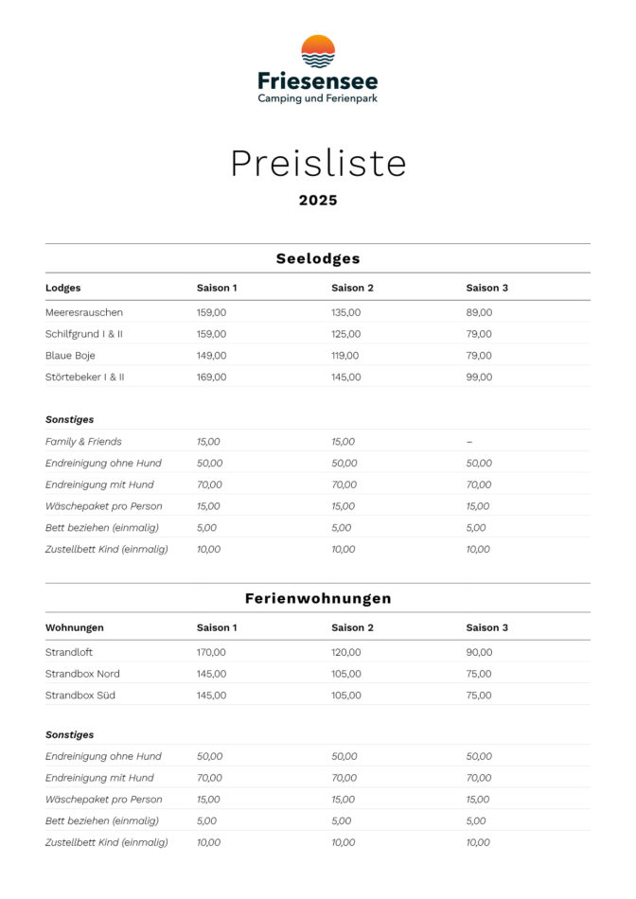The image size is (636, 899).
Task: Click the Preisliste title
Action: pos(318,164)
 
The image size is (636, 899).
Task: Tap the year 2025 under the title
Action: pos(318,201)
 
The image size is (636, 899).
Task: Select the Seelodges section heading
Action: pos(318,258)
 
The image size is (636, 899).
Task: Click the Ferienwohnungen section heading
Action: pos(318,599)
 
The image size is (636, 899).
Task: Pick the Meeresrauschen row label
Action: pos(84,312)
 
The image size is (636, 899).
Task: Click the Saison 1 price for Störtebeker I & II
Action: pos(212,377)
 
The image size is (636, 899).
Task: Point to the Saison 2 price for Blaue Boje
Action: pos(345,356)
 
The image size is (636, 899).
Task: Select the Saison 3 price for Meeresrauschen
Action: pos(479,312)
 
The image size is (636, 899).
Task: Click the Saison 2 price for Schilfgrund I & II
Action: pos(345,334)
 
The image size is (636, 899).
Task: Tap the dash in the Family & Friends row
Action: pos(469,442)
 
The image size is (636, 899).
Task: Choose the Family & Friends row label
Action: pos(83,442)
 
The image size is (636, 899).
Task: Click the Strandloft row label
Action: pos(69,652)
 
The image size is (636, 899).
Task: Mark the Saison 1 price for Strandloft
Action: pos(212,652)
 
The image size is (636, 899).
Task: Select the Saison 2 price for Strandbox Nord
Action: pos(345,674)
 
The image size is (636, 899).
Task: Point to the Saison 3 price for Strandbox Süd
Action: pos(479,696)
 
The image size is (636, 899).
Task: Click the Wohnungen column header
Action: pos(75,627)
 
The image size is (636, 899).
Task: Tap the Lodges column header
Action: pos(63,288)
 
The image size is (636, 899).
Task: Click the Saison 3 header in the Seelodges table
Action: pos(487,288)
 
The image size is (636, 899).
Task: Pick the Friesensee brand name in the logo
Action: pos(318,81)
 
